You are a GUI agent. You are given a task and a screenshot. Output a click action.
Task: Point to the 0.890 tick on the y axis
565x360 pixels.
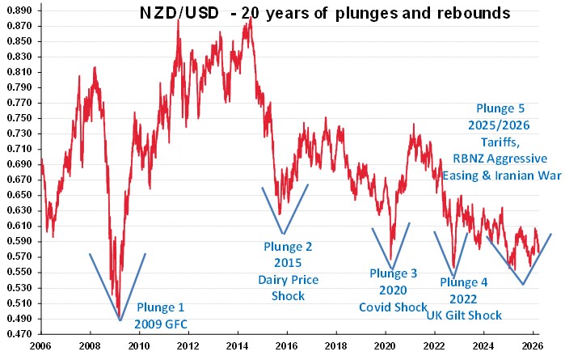point(19,11)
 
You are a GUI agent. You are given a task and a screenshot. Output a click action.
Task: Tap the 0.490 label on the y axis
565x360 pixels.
point(19,318)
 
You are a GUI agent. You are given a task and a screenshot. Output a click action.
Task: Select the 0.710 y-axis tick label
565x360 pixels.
point(19,149)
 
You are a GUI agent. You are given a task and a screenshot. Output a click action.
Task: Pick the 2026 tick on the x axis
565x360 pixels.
point(532,345)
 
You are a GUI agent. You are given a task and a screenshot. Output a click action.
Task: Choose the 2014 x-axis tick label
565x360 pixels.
point(237,345)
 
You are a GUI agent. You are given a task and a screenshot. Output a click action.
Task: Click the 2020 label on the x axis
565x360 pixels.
point(385,345)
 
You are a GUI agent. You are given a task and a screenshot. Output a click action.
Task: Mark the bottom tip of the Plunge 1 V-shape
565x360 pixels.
point(120,321)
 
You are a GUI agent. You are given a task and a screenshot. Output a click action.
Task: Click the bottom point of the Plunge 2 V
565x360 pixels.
point(283,234)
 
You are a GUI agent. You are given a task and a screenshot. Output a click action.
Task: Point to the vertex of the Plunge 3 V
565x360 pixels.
point(392,269)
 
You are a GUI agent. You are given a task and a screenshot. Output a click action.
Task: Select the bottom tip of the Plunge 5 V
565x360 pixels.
point(523,284)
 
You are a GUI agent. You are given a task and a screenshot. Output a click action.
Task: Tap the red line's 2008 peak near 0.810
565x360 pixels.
point(95,69)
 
